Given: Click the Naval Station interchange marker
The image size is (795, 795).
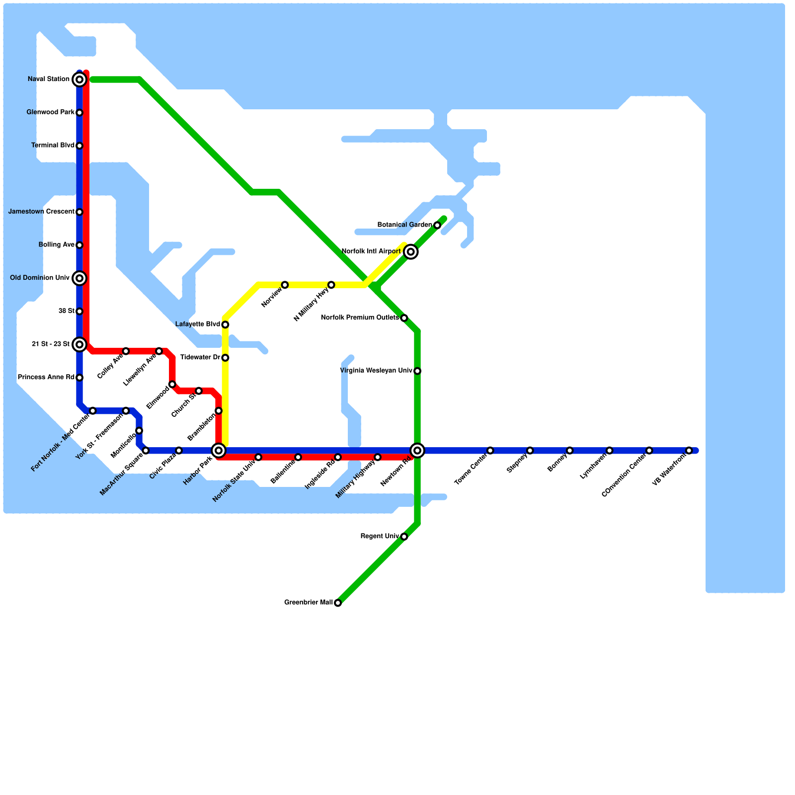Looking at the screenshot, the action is point(79,79).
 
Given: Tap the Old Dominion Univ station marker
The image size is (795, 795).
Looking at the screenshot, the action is point(79,278).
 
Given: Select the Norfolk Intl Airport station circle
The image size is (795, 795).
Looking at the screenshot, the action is point(411,252).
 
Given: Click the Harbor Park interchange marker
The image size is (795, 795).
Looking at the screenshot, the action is point(219,451).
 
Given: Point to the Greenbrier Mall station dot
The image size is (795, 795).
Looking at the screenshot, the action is point(338,603).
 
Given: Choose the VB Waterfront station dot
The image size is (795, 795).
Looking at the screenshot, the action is point(689,451).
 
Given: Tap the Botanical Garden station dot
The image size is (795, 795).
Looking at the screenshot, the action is point(437,226).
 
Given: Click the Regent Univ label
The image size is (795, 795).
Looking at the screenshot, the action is point(380,537).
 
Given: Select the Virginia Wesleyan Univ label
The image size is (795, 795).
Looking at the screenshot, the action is point(376,371).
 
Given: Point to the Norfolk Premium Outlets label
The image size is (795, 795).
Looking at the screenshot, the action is point(360,318).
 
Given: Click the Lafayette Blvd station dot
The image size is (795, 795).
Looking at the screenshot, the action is point(225,325).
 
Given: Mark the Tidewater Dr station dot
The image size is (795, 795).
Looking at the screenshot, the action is point(225,358).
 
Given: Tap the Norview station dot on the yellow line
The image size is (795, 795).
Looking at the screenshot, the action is point(285,285).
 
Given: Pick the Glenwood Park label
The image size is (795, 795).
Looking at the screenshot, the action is point(50,113).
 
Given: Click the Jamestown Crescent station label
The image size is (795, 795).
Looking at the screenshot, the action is point(41,212).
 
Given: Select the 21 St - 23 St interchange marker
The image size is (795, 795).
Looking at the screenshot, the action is point(79,344).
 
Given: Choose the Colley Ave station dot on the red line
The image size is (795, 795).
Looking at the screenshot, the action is point(126,351).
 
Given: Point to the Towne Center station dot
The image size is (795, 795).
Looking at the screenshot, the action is point(490,451).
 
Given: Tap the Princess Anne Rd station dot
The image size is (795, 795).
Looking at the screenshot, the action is point(79,378).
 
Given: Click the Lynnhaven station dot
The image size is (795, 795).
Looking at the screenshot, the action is point(610,451).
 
